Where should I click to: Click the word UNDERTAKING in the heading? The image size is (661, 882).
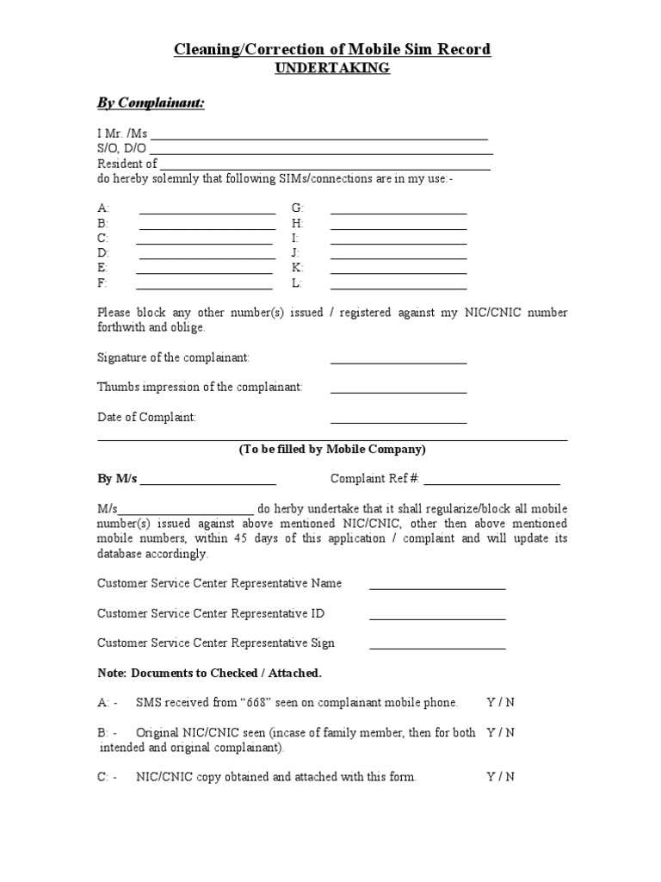[331, 69]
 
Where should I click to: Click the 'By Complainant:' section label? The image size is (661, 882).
[151, 103]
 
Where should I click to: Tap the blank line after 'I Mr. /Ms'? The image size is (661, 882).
[319, 137]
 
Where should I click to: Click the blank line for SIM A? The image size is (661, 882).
[207, 213]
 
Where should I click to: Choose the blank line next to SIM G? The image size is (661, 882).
[398, 213]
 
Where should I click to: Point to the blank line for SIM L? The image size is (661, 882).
[398, 288]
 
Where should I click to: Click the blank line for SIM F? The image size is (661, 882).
[205, 288]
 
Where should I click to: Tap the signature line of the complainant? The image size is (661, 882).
[398, 363]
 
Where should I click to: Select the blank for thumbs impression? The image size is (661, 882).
[398, 393]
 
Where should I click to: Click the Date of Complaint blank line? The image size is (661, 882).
[398, 423]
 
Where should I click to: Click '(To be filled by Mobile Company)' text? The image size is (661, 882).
[331, 450]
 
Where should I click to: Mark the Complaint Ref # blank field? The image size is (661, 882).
[491, 483]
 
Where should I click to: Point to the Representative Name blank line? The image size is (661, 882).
[437, 588]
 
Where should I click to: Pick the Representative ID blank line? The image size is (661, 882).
[437, 618]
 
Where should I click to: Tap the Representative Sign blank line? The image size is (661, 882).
[437, 649]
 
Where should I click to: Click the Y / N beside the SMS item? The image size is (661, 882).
[500, 702]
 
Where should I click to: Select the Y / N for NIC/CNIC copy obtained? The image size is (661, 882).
[500, 776]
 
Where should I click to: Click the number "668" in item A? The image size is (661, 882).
[258, 702]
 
